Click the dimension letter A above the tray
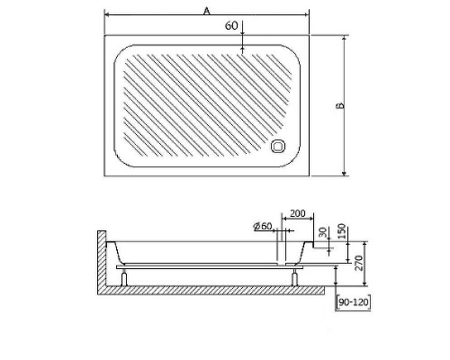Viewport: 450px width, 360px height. tap(206, 10)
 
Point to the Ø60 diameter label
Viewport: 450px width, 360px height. tap(263, 227)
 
